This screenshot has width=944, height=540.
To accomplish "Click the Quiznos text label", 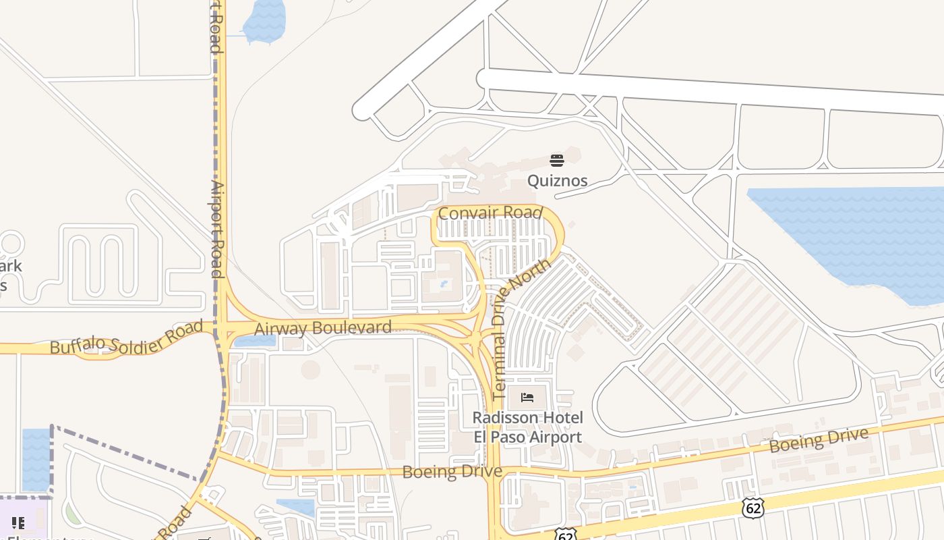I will tap(557, 180).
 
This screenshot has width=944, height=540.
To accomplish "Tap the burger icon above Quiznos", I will tap(557, 160).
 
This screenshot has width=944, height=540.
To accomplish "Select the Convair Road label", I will tap(490, 213).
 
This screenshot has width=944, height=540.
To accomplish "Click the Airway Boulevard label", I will tap(323, 328).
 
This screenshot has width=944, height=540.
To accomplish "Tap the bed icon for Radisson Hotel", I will tap(527, 398).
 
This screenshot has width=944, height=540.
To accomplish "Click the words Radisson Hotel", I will tap(527, 418).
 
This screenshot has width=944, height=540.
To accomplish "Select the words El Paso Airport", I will tap(527, 437).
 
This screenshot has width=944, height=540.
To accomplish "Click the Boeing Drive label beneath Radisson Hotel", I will tap(452, 471).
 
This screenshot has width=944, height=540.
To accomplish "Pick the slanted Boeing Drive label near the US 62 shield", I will tap(819, 440).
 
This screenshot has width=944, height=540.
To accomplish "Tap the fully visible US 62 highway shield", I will tap(753, 508).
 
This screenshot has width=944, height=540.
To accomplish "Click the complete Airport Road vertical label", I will tap(216, 229).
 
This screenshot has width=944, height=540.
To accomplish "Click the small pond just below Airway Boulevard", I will tap(254, 340).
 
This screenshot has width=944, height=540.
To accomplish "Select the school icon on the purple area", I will tap(18, 522).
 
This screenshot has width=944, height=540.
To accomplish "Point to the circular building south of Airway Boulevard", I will tap(310, 369).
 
